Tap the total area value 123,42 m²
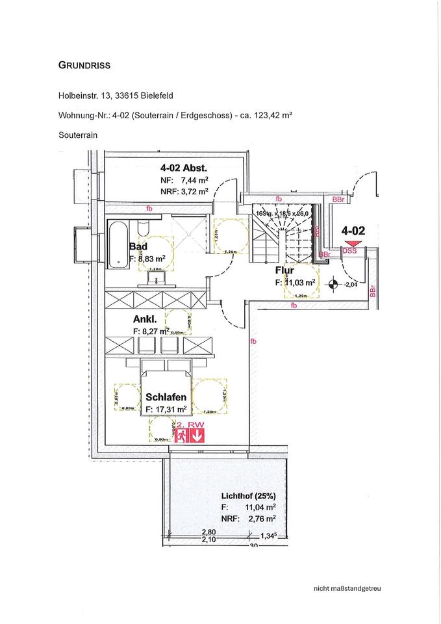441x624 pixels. (271, 116)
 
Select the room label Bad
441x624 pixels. (138, 246)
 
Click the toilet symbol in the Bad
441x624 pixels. (144, 227)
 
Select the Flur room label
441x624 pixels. (284, 270)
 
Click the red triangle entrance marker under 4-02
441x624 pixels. (351, 244)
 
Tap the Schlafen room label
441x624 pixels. (167, 397)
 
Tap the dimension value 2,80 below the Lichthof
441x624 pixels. (209, 530)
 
